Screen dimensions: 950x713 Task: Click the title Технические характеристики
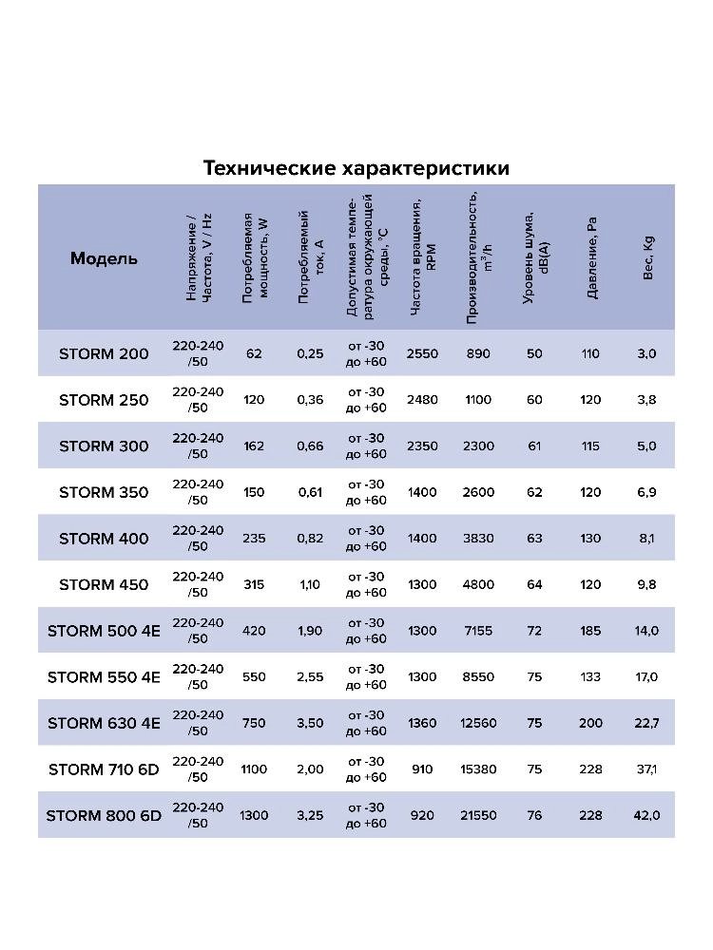click(356, 168)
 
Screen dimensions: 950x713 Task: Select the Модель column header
click(104, 258)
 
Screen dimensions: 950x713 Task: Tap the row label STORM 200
click(104, 353)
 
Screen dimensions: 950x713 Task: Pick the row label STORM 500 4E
click(104, 631)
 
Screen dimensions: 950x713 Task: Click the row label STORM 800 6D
click(104, 815)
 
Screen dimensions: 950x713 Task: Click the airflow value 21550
click(478, 815)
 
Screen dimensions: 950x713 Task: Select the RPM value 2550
click(422, 353)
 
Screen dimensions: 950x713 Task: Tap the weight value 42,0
click(647, 815)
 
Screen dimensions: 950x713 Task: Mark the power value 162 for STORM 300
click(254, 446)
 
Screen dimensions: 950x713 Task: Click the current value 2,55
click(310, 676)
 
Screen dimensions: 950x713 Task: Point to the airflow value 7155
click(478, 631)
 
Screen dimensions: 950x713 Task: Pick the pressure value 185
click(590, 631)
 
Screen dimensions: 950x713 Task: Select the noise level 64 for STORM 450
click(534, 584)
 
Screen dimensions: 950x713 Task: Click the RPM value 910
click(422, 769)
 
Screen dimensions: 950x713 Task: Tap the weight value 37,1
click(647, 769)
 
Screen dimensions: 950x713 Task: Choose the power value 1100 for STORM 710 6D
click(254, 769)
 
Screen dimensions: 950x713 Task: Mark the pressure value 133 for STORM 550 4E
click(590, 676)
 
